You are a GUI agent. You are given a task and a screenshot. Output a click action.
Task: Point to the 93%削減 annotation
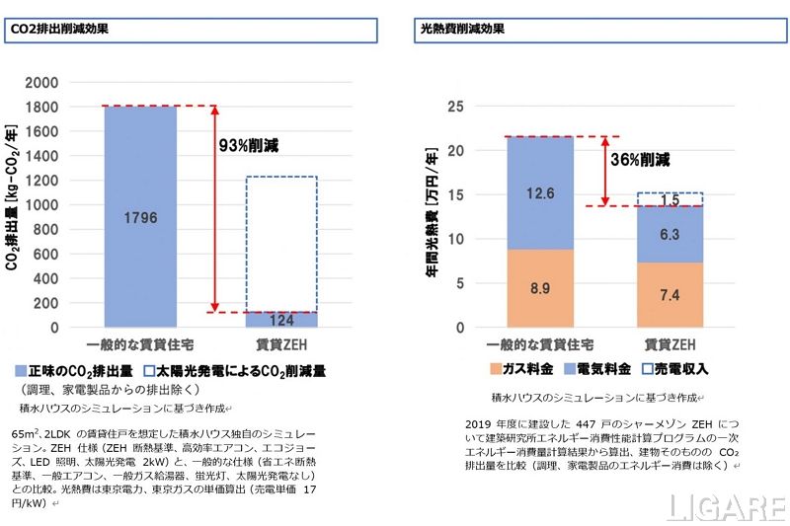(x=248, y=145)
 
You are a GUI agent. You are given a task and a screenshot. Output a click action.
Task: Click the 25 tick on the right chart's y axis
(x=456, y=107)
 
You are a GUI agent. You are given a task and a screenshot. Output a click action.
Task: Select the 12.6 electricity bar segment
(x=540, y=193)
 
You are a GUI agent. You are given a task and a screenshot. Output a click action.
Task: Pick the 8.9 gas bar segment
(x=540, y=287)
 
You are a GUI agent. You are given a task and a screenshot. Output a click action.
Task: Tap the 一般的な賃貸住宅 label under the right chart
(x=540, y=344)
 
